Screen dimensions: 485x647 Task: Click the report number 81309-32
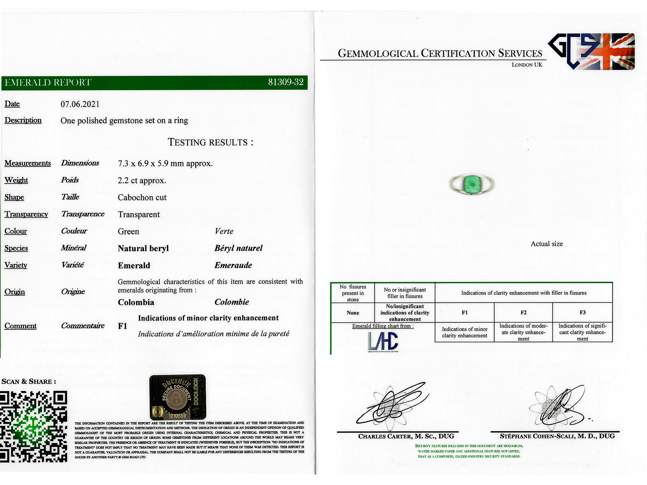coord(285,82)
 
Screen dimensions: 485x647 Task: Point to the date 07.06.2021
coord(80,104)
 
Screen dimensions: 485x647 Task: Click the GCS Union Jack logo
coord(591,51)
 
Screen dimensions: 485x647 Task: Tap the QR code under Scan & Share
coord(33,426)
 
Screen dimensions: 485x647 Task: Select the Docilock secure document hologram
coord(178,397)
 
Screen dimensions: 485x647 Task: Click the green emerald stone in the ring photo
coord(472,184)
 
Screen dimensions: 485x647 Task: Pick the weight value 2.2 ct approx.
coord(142,181)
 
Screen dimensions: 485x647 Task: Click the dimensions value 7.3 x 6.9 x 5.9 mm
coord(165,164)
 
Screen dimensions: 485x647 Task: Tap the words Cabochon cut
coord(142,197)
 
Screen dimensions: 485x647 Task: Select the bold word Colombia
coord(136,302)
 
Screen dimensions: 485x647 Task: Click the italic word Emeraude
coord(233,265)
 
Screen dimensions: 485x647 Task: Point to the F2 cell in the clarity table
coord(523,313)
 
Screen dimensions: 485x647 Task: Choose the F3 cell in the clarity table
coord(582,313)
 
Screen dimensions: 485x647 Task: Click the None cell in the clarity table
coord(352,313)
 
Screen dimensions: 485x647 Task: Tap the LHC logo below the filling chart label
coord(383,342)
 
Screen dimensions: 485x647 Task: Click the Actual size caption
coord(547,244)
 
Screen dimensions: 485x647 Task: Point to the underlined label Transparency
coord(26,214)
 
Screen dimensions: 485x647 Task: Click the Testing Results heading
coord(210,142)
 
